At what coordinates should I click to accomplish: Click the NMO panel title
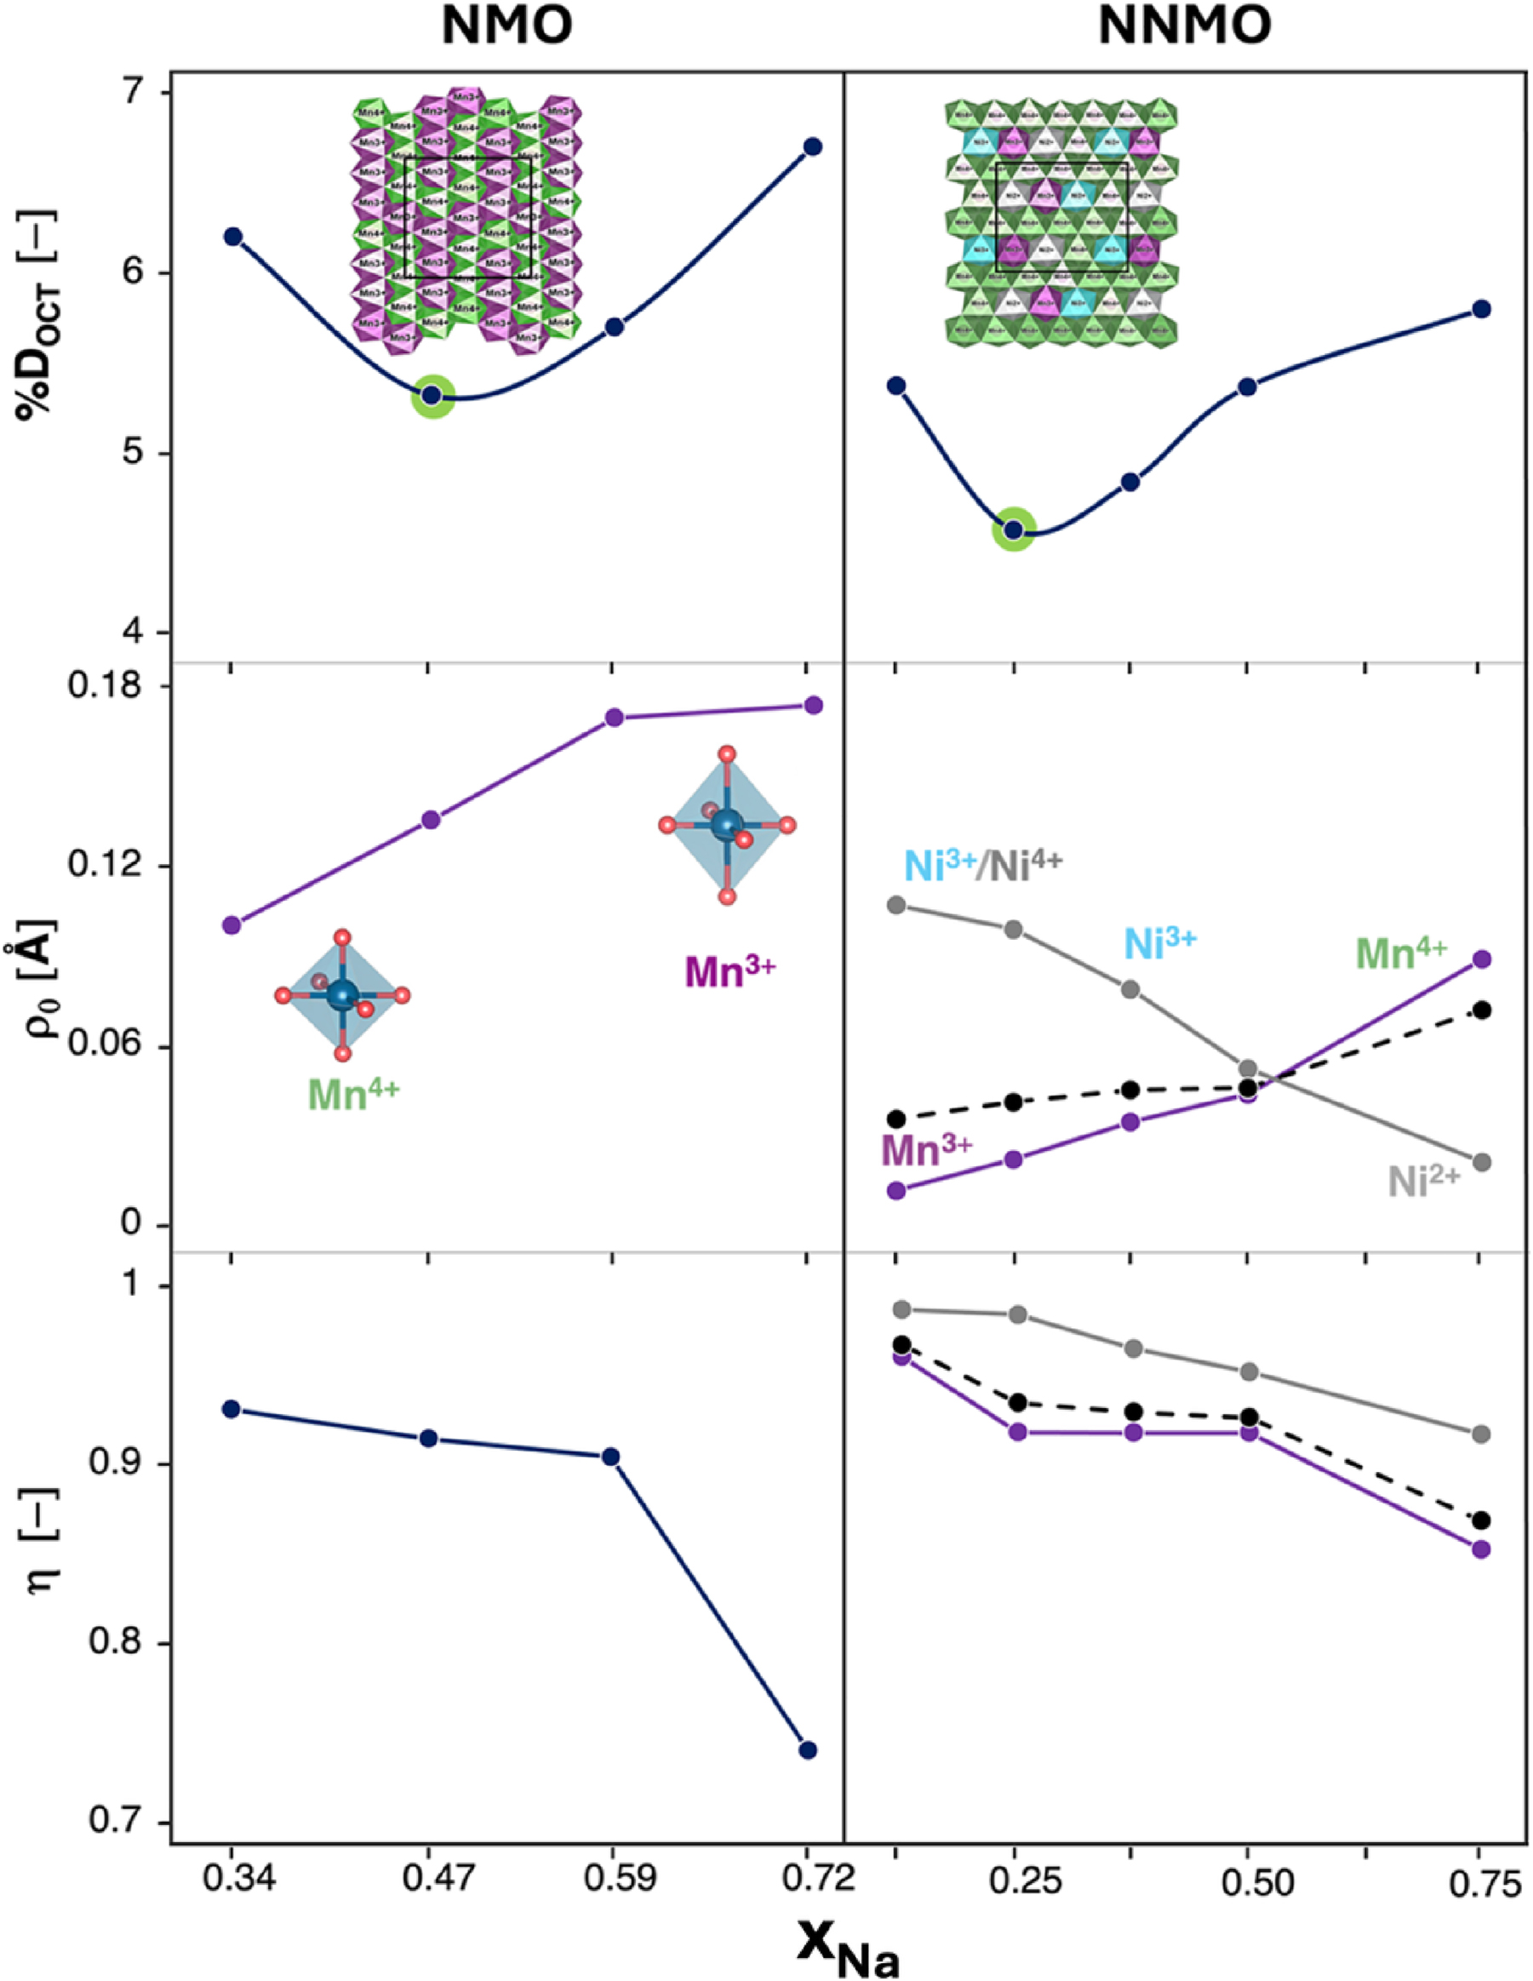click(507, 28)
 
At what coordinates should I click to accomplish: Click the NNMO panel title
click(1185, 28)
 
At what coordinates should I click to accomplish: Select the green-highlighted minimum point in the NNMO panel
click(1013, 530)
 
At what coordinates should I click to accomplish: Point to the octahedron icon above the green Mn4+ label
click(342, 995)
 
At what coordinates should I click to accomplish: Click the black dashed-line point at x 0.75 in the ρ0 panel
click(1480, 1011)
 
